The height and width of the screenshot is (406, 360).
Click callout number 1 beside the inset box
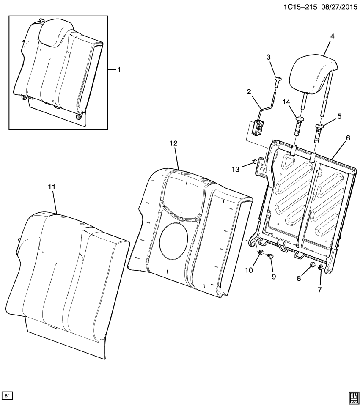pos(119,69)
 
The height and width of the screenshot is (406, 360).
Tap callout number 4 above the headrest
pos(332,37)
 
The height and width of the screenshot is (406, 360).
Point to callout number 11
pos(52,187)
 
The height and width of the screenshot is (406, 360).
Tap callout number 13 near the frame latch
pos(235,169)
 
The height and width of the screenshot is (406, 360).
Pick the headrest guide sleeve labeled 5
pos(318,131)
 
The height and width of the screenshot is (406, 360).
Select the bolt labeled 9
pos(271,256)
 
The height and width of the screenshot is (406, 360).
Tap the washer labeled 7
pos(321,267)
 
